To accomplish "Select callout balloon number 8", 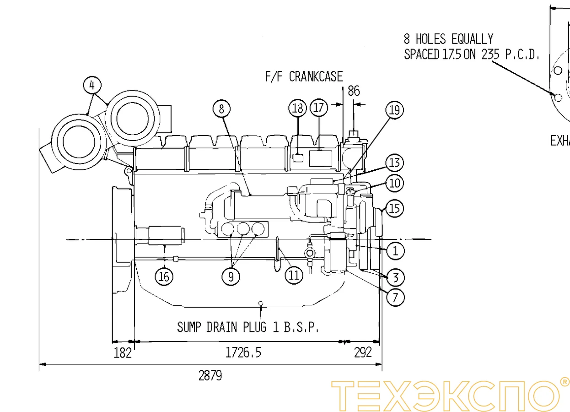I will coord(222,109).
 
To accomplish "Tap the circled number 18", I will coord(298,108).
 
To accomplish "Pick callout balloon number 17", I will coord(319,108).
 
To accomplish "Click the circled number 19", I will coord(395,110).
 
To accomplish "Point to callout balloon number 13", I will coord(395,163).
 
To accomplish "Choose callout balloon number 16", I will coord(164,276).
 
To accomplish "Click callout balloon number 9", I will coord(231,276).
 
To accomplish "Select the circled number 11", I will coord(294,275).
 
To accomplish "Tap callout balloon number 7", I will coord(395,298).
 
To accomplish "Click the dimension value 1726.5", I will coord(243,352).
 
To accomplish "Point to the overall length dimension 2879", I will coord(210,376).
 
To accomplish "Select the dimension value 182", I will coord(123,352).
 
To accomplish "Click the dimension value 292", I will coord(363,352).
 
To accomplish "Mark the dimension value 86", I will coord(354,91).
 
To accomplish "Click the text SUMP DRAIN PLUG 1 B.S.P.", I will coord(247,327).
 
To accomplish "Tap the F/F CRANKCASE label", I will coord(304,76).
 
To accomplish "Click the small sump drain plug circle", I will coord(260,303).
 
